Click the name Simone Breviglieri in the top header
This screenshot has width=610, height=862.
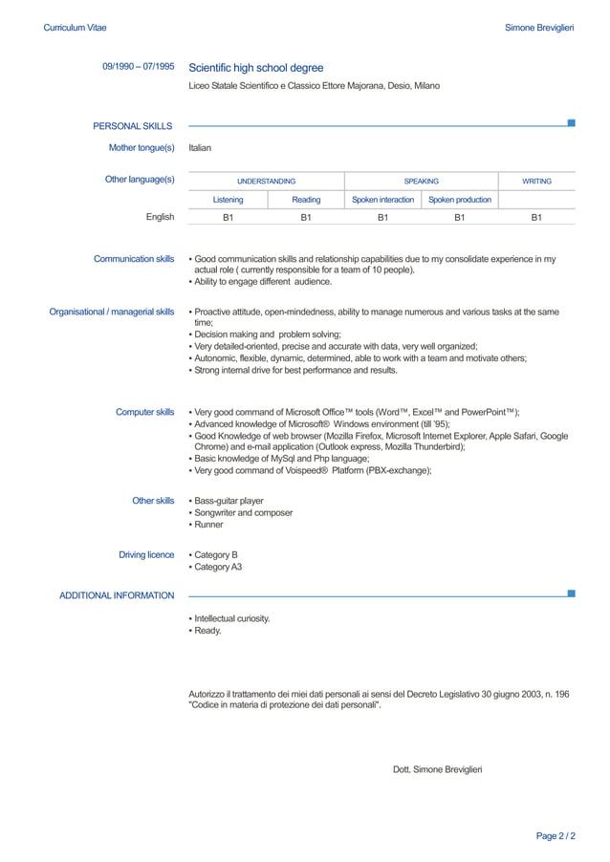[539, 28]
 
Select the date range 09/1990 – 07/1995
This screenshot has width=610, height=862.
[139, 67]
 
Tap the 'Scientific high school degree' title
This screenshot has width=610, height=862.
[256, 68]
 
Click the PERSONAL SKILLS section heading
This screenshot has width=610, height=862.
[133, 126]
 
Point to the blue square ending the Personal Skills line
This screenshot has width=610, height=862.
[572, 122]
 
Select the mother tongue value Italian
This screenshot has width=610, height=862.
[200, 148]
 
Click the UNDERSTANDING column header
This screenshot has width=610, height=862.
[266, 181]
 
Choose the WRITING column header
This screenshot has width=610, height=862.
[536, 181]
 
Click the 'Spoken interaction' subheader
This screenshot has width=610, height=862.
[382, 200]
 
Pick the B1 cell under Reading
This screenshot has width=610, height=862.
[306, 218]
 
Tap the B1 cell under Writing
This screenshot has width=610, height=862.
[536, 218]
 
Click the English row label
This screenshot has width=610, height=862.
[160, 217]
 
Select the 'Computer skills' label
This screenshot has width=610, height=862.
[144, 412]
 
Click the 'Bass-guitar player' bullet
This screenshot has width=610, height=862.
[229, 501]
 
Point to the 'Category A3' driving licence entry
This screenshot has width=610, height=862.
[217, 567]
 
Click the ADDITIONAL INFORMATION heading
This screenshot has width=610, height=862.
[117, 595]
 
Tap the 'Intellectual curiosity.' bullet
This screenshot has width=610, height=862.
[231, 618]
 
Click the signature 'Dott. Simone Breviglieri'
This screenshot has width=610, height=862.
[437, 769]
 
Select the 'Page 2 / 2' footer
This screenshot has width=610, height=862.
[556, 836]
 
